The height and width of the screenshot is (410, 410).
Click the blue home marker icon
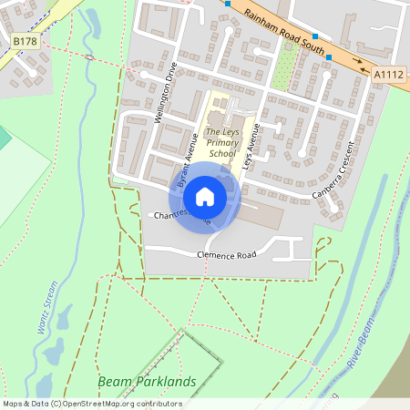[x=205, y=196]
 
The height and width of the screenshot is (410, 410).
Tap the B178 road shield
[x=25, y=41]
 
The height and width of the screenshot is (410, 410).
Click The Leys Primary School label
[x=221, y=143]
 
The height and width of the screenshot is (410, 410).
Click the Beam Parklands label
[x=147, y=381]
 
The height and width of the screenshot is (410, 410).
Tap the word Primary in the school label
[x=221, y=143]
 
